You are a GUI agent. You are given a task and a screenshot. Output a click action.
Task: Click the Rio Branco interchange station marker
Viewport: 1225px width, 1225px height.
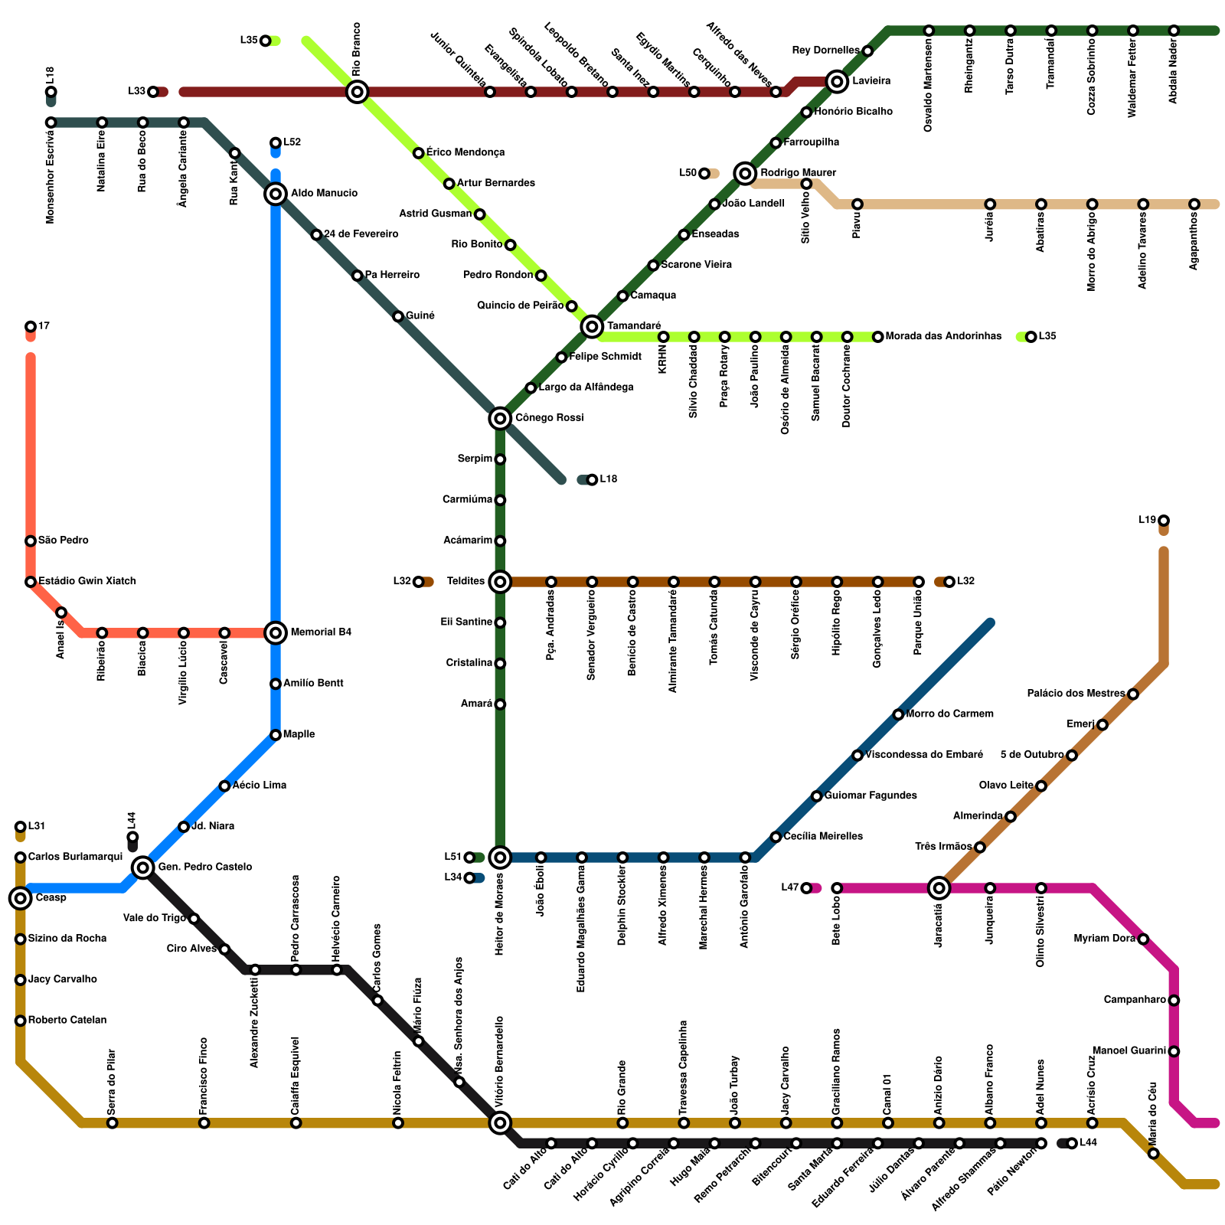point(357,93)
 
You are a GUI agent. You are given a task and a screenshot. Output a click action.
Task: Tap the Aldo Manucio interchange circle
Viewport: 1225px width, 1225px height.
point(276,194)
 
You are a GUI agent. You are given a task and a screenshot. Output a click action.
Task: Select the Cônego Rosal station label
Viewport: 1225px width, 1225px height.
point(549,418)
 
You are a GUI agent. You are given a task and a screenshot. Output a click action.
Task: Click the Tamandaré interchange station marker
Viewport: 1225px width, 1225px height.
point(592,327)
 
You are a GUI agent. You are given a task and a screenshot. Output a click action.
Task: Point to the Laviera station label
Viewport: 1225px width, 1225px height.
point(871,81)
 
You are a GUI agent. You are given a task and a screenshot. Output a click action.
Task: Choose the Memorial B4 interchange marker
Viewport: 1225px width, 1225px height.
point(276,632)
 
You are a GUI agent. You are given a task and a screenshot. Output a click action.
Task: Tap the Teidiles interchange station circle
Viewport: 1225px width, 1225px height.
point(500,582)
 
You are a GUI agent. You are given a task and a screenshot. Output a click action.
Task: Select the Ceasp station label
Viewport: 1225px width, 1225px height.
point(51,898)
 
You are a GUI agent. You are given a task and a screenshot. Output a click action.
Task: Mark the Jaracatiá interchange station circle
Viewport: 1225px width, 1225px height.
point(939,888)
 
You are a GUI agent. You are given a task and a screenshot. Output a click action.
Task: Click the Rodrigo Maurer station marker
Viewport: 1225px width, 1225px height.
point(745,173)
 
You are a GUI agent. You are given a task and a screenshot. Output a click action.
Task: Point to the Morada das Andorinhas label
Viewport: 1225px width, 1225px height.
point(943,337)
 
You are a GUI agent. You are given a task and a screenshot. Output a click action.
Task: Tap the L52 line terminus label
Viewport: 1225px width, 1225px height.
point(292,142)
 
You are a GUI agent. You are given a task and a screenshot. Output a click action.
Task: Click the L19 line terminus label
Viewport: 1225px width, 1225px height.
point(1147,521)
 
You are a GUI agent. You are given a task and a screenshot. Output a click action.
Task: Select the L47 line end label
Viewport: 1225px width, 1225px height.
point(789,888)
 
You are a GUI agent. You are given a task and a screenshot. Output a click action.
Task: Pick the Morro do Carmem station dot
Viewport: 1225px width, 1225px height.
point(898,714)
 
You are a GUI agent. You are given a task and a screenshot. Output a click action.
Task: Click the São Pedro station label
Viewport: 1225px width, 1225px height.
point(63,541)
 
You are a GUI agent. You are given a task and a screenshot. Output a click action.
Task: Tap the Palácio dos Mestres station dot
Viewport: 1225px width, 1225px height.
point(1133,694)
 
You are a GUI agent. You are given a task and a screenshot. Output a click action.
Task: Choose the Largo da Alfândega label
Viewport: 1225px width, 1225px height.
point(586,387)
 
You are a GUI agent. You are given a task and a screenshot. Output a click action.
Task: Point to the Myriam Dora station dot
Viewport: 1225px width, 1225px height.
point(1143,939)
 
